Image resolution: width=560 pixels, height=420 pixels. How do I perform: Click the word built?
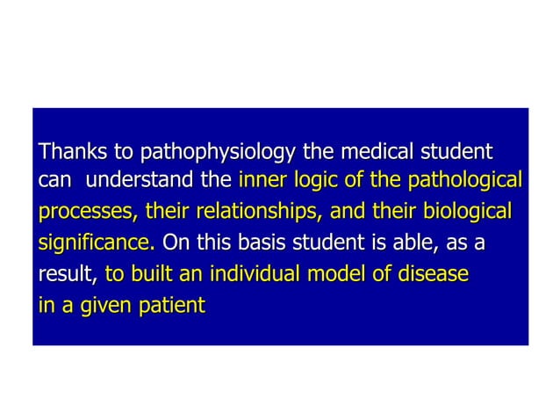[x=148, y=274]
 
